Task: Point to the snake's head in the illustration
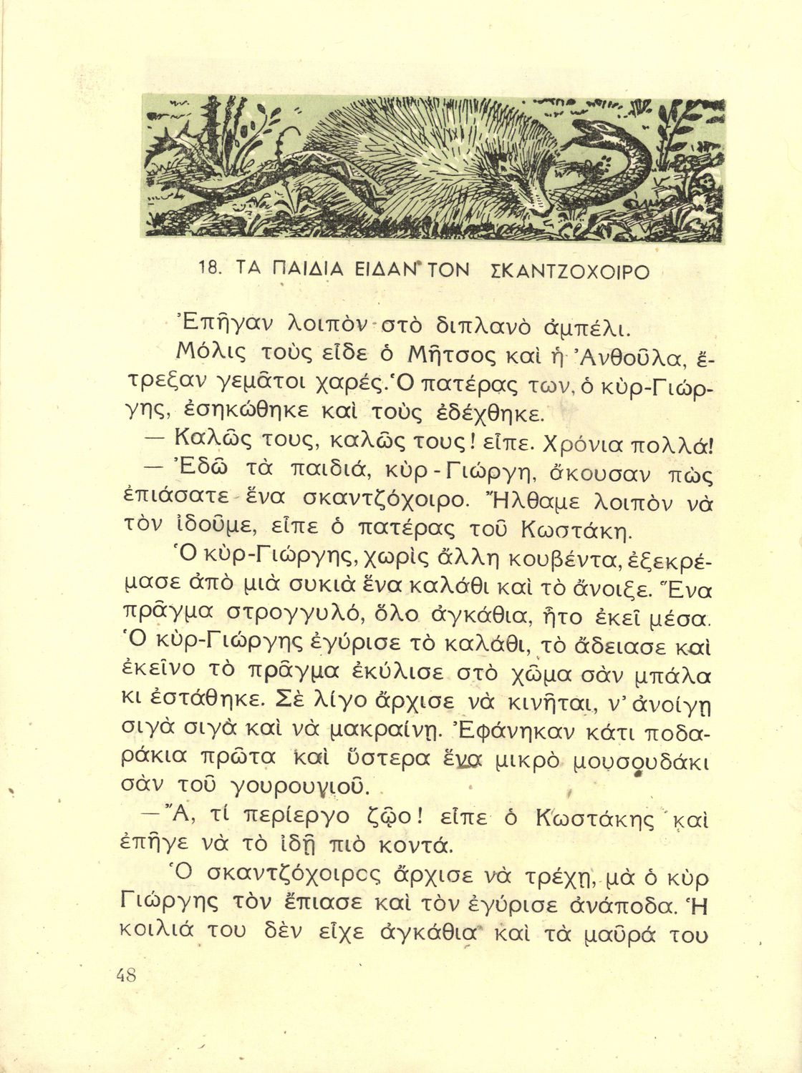click(589, 133)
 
